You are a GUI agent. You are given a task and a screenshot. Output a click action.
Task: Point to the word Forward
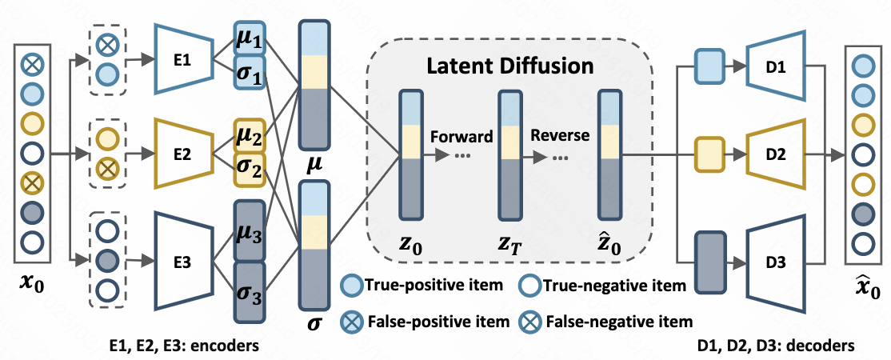click(x=461, y=136)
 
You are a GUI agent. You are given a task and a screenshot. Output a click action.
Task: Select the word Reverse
click(x=561, y=135)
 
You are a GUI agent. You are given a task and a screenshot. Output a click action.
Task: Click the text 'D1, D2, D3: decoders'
click(x=776, y=346)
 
